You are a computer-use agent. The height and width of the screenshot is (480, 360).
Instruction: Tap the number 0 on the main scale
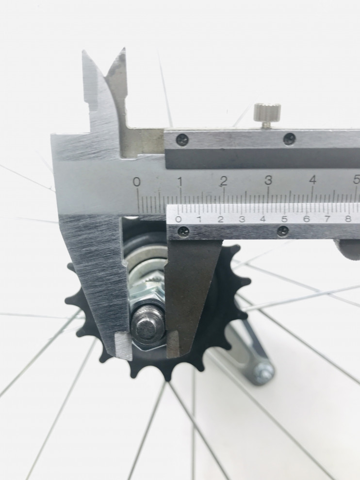[x=137, y=182]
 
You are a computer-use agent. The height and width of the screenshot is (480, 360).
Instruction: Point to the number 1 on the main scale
[x=180, y=182]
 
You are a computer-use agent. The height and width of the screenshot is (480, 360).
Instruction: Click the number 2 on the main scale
[x=224, y=181]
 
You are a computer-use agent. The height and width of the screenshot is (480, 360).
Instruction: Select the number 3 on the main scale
[x=268, y=181]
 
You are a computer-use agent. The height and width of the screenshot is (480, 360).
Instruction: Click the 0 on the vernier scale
[x=179, y=219]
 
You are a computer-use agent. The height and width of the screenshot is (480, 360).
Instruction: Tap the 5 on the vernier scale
[x=285, y=219]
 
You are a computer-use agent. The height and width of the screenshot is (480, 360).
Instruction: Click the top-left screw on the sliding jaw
[x=182, y=140]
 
